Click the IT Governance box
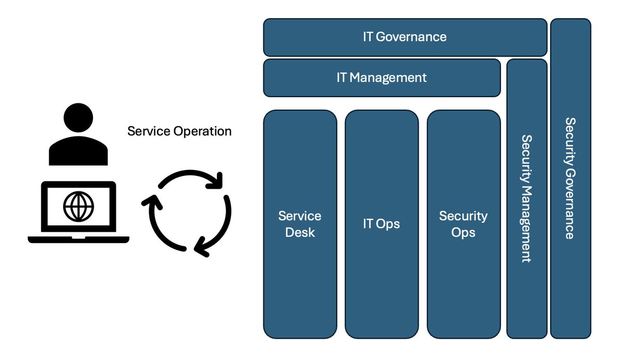click(x=405, y=37)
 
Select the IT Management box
click(x=382, y=78)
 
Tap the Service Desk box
click(x=300, y=224)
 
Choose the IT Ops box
click(x=382, y=224)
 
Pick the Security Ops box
click(x=464, y=224)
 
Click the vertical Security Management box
click(x=527, y=199)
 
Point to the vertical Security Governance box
click(x=570, y=178)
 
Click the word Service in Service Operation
click(x=149, y=131)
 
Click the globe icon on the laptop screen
click(x=79, y=206)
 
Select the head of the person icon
click(x=79, y=117)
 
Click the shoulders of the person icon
click(x=79, y=151)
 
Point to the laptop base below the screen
click(x=79, y=239)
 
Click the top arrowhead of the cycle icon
click(x=216, y=181)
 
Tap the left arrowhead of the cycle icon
click(x=152, y=202)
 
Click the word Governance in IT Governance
click(x=411, y=37)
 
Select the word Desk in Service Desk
click(x=300, y=232)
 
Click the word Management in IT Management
click(x=388, y=78)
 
